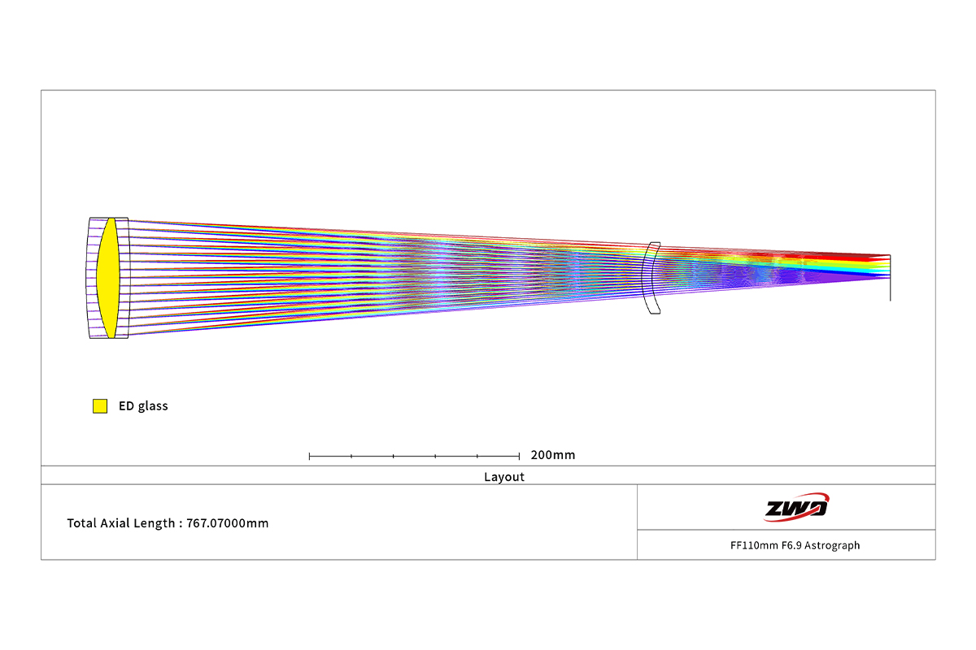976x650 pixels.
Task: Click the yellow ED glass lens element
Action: click(x=108, y=278)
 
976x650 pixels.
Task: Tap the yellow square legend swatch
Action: click(x=100, y=405)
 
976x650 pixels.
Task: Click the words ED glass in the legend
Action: click(x=143, y=406)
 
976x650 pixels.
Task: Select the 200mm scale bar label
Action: click(x=553, y=455)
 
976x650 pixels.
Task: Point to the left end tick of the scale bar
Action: click(x=309, y=457)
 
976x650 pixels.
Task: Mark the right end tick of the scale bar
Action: click(x=519, y=457)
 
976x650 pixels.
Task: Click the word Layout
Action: click(x=504, y=477)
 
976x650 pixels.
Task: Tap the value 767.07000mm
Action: click(x=228, y=523)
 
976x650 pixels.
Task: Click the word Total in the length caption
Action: click(x=81, y=523)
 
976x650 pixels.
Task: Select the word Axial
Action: click(x=115, y=523)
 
